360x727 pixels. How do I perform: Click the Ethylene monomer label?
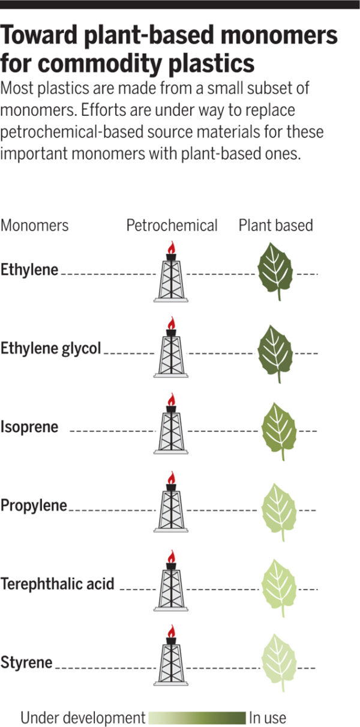point(29,270)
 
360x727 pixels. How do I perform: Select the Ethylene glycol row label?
point(51,348)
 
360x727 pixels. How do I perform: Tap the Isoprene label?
point(29,427)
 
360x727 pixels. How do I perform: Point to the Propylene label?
point(34,505)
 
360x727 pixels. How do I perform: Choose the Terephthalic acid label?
point(58,584)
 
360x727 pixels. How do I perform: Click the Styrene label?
point(27,663)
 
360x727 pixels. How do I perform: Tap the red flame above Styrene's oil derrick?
point(171,632)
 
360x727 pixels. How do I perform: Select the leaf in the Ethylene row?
point(275,272)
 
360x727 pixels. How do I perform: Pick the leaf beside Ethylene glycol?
point(275,351)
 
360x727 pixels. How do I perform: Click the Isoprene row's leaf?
point(278,429)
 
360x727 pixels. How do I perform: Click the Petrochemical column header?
point(172,226)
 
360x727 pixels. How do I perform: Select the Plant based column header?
point(276,226)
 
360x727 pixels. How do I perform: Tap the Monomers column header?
point(35,226)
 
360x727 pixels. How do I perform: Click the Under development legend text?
point(83,717)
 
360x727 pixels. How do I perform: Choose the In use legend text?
point(268,717)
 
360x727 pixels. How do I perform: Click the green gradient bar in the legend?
point(197,717)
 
